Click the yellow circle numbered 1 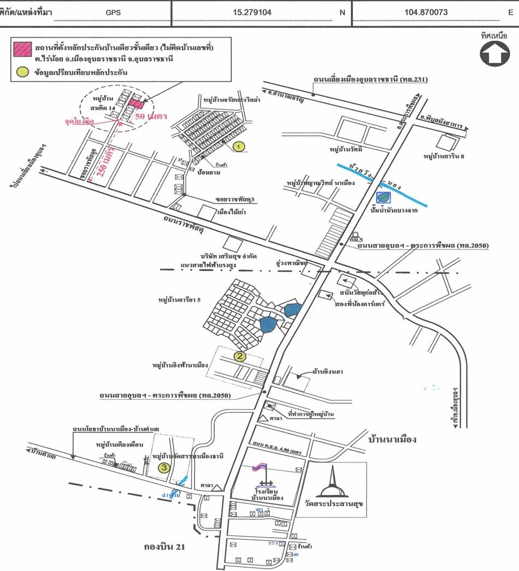238,146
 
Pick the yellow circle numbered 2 239,357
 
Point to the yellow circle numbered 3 163,467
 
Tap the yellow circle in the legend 21,71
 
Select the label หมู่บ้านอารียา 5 177,300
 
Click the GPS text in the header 114,11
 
